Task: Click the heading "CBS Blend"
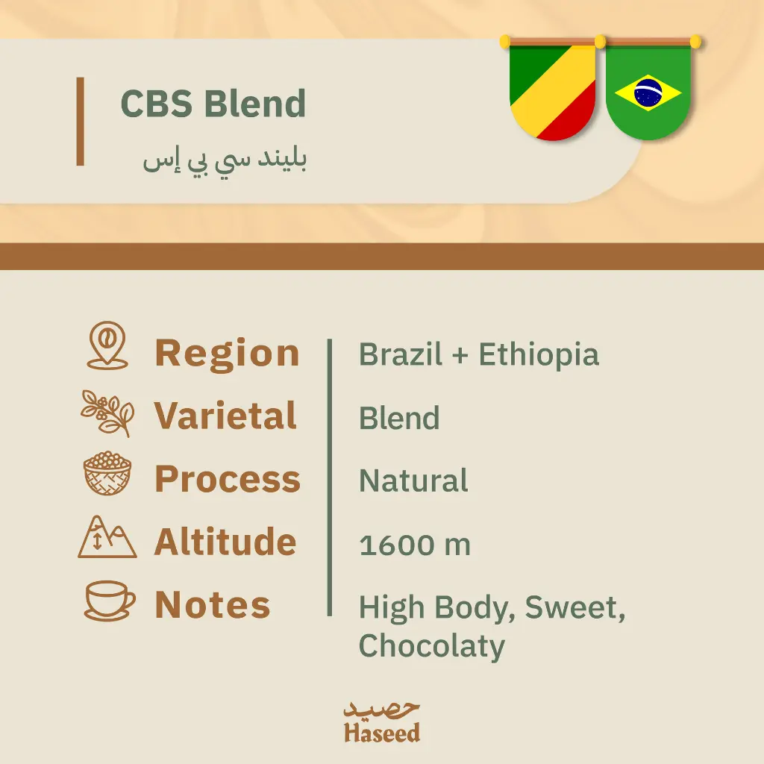tap(213, 104)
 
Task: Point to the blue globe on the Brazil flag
tap(648, 92)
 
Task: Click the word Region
tap(227, 353)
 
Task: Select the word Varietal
tap(225, 416)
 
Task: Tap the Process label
tap(228, 479)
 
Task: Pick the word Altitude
tap(225, 542)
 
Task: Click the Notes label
tap(213, 605)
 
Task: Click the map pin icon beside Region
tap(107, 345)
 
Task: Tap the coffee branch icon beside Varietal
tap(107, 412)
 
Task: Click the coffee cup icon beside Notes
tap(109, 601)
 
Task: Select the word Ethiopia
tap(539, 354)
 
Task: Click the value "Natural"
tap(413, 481)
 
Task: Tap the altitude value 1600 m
tap(415, 545)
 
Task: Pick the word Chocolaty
tap(432, 645)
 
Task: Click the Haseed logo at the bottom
tap(382, 721)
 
